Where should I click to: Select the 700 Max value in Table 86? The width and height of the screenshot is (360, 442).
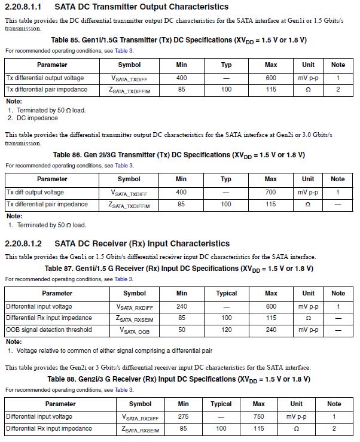point(270,193)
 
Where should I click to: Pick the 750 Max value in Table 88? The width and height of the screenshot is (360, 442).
point(258,417)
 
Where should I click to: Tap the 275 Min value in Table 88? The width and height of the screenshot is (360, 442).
point(184,417)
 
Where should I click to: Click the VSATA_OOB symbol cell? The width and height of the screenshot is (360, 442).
point(135,330)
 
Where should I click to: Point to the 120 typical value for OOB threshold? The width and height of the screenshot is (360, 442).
point(226,330)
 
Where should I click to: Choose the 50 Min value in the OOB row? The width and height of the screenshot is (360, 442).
point(182,330)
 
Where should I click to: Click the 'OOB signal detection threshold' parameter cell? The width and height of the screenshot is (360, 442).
point(49,330)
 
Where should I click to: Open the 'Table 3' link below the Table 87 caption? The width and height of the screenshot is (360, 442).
point(124,279)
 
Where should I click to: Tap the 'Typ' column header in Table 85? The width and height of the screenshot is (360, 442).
point(226,65)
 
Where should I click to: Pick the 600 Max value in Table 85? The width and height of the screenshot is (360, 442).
point(270,78)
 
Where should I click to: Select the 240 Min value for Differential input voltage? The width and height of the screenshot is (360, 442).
point(182,306)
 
